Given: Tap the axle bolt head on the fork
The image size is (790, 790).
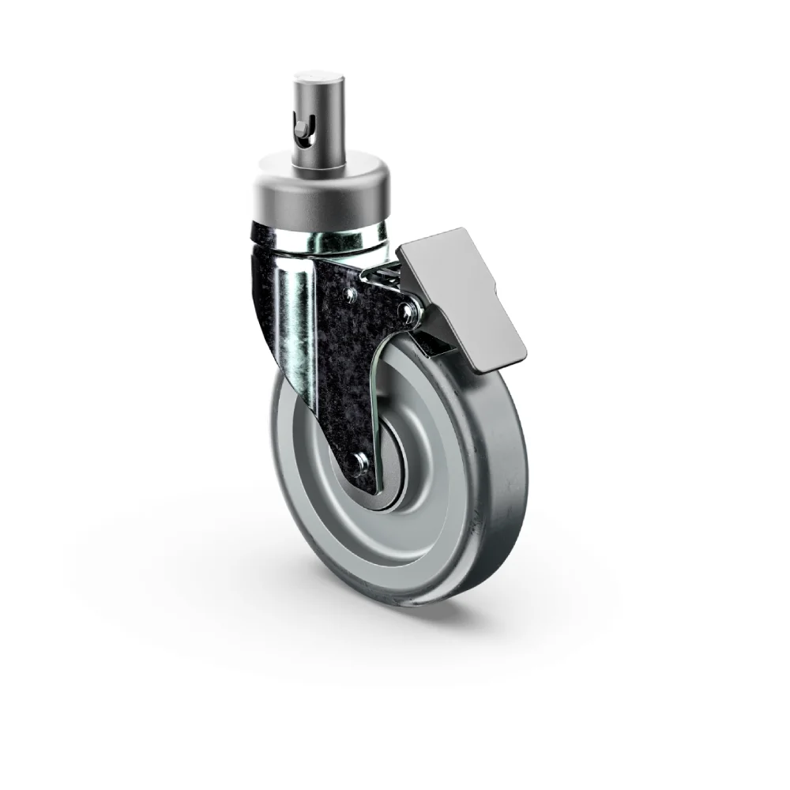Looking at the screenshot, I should click(360, 463).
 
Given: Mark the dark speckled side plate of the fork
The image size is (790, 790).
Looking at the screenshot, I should click(340, 371).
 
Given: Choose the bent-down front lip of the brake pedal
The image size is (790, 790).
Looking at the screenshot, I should click(498, 355).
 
